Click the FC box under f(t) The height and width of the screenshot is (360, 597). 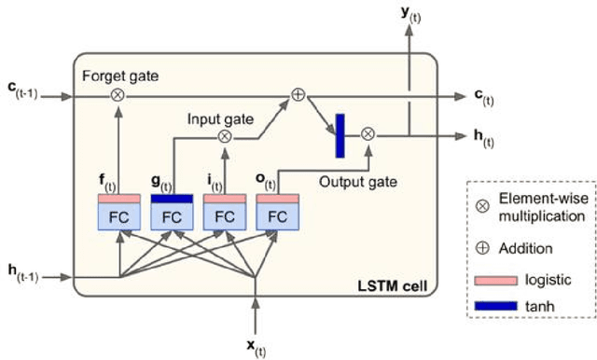coord(118,216)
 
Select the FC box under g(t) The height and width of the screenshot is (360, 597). coord(172,216)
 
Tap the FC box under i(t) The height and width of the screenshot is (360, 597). coord(225,216)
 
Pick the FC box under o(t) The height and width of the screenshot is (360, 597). coord(278,216)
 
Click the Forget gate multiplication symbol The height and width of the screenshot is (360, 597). coord(118,95)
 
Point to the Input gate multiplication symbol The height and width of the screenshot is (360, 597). coord(225,136)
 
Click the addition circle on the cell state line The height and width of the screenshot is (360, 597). coord(298,95)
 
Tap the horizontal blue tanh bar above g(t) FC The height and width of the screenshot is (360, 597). coord(172,198)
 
